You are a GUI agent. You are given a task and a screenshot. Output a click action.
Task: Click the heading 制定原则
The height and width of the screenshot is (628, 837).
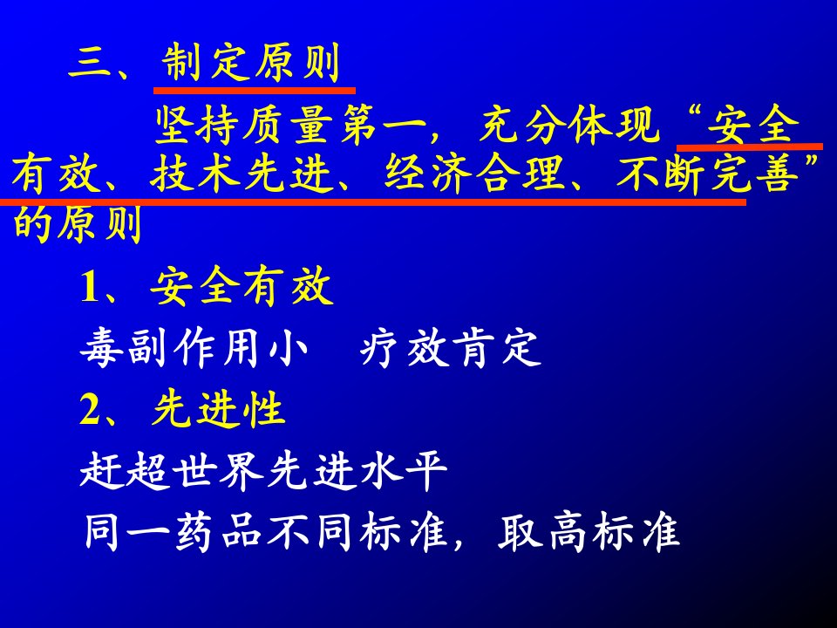tap(251, 63)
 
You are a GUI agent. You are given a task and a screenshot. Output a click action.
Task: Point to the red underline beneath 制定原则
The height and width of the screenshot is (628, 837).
tap(255, 91)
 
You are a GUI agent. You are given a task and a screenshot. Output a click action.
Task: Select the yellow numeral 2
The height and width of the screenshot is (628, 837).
tap(91, 410)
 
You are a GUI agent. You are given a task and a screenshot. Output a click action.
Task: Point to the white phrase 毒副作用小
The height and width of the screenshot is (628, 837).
tap(194, 349)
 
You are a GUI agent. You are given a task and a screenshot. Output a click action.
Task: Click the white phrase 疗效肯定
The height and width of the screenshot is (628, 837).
tap(452, 349)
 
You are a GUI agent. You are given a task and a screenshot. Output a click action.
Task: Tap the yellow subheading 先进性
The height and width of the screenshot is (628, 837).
tap(218, 410)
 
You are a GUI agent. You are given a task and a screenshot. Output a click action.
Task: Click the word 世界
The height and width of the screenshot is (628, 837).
tap(220, 472)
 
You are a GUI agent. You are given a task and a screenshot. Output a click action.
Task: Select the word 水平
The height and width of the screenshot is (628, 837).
tap(404, 472)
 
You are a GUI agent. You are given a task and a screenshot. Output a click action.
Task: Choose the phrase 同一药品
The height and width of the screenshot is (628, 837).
tap(173, 532)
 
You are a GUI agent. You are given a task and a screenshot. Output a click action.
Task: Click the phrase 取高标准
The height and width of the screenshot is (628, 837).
tap(589, 532)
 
